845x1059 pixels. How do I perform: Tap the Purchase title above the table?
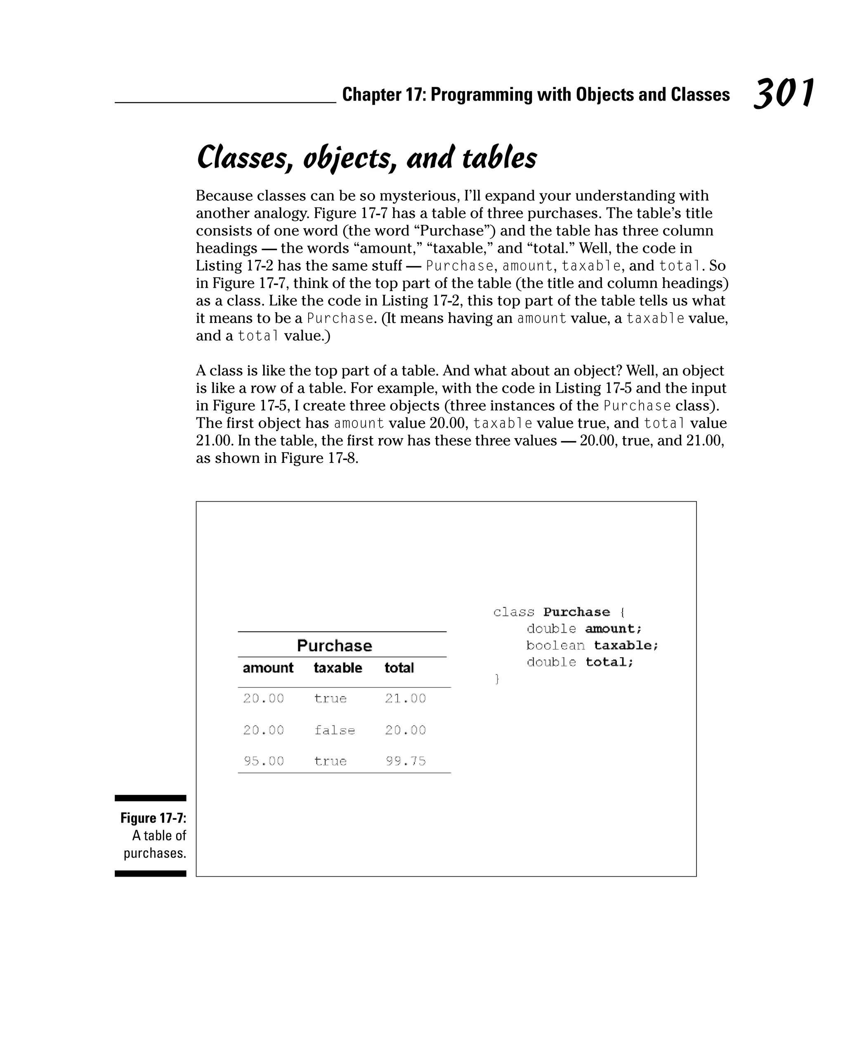[335, 645]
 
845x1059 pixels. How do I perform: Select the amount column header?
[268, 668]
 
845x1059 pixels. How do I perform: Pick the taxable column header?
[338, 668]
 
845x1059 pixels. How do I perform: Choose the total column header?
[399, 668]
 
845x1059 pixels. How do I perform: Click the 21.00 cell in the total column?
[405, 698]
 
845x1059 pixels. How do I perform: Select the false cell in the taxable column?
[335, 730]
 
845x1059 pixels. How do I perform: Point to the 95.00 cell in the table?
[264, 761]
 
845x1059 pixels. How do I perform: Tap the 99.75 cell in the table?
[405, 761]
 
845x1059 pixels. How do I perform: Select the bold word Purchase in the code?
[577, 612]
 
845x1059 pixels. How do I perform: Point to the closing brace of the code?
[497, 679]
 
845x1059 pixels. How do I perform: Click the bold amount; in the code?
[614, 629]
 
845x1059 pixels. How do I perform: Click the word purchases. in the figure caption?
[155, 853]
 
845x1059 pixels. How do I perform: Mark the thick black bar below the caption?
[150, 873]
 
